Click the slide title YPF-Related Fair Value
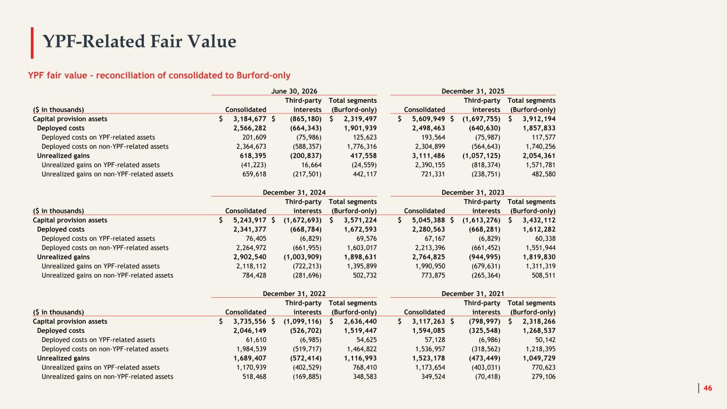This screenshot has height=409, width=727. coord(139,42)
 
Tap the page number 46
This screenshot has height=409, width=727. coord(707,388)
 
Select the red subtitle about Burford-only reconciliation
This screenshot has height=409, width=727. coord(159,75)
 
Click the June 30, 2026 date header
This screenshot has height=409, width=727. coord(294,91)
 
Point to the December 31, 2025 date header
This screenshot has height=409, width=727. coord(473,91)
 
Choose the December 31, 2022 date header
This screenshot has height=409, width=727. coord(294,294)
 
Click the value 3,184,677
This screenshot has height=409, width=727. coord(250,119)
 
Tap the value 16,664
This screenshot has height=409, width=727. coord(311,165)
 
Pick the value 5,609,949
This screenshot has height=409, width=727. coord(428,119)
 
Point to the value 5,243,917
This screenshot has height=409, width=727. coord(250,220)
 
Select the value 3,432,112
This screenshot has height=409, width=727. coord(539,220)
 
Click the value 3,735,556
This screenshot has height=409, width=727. coord(250,321)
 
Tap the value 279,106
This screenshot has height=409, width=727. coord(544,377)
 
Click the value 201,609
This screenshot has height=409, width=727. coord(254,137)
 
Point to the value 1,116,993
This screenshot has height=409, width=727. coord(360,358)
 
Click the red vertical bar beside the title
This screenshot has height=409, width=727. coord(32,43)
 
